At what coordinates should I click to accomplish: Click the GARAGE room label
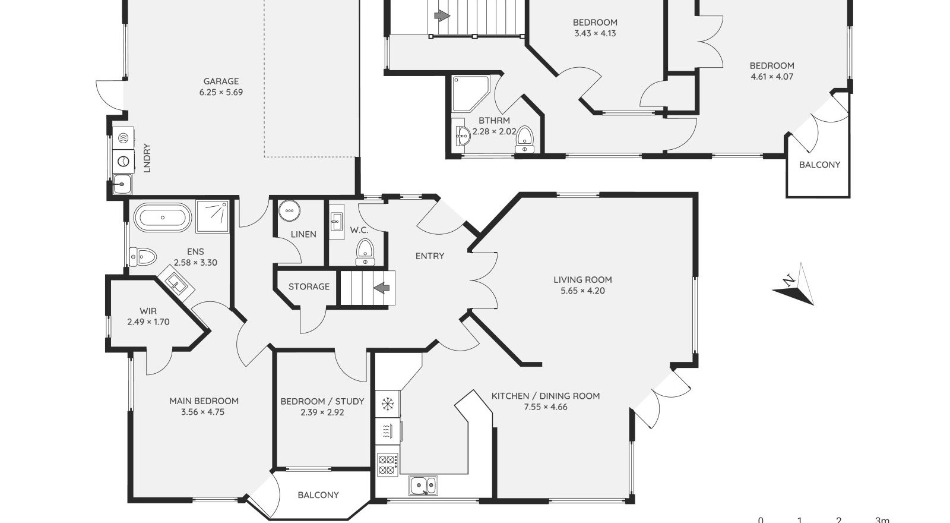click(x=221, y=81)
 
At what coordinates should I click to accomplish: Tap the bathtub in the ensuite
click(x=163, y=218)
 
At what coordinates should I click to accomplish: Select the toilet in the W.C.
click(x=365, y=252)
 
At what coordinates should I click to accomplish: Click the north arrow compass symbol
click(x=793, y=284)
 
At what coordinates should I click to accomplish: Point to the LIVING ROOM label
click(x=582, y=280)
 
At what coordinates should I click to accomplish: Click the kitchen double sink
click(x=423, y=486)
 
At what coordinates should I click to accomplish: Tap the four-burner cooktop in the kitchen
click(x=388, y=464)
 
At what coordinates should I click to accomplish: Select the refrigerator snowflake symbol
click(x=387, y=404)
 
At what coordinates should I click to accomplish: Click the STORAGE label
click(x=309, y=286)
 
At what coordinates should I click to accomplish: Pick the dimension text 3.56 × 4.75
click(x=202, y=412)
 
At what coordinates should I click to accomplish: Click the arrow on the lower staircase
click(x=382, y=288)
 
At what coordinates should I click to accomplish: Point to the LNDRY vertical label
click(x=147, y=158)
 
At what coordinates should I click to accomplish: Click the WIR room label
click(x=148, y=311)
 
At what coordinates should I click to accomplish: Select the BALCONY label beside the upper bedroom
click(x=819, y=165)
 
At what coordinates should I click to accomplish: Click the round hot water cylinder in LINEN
click(x=290, y=211)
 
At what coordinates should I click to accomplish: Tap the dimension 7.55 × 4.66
click(x=546, y=407)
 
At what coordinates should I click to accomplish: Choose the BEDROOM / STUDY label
click(x=322, y=401)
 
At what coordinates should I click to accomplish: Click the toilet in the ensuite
click(x=143, y=256)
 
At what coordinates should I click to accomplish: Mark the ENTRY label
click(x=430, y=256)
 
